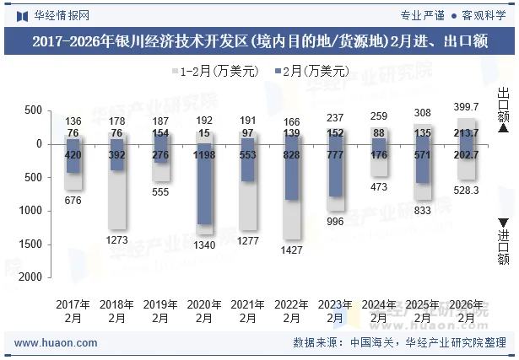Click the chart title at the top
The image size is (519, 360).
point(259,42)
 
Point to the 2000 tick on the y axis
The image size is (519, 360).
point(31,277)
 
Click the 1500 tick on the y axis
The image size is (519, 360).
point(31,244)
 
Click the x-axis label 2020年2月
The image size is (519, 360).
point(204,311)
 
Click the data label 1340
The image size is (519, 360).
point(204,244)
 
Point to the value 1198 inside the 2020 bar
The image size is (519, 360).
point(204,156)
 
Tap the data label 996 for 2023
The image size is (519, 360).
point(336,221)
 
